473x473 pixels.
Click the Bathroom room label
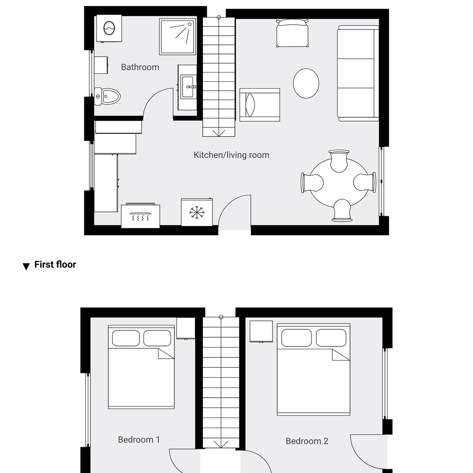[140, 67]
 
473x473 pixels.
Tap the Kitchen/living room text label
[231, 155]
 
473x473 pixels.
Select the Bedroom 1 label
[139, 440]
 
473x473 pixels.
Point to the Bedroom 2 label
[307, 441]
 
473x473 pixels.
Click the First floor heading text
[55, 265]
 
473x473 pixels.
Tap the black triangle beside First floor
[26, 267]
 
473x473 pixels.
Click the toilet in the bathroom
[107, 97]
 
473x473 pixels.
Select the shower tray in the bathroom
[177, 36]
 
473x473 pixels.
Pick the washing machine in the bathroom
[109, 28]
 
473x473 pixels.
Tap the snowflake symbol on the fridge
[197, 212]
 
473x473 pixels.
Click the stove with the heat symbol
[140, 215]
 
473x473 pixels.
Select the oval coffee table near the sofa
[306, 83]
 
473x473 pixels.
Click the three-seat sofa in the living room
[358, 73]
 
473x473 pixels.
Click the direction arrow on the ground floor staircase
[218, 133]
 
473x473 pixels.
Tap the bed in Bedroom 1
[141, 367]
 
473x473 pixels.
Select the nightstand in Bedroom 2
[261, 332]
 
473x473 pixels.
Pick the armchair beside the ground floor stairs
[260, 105]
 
